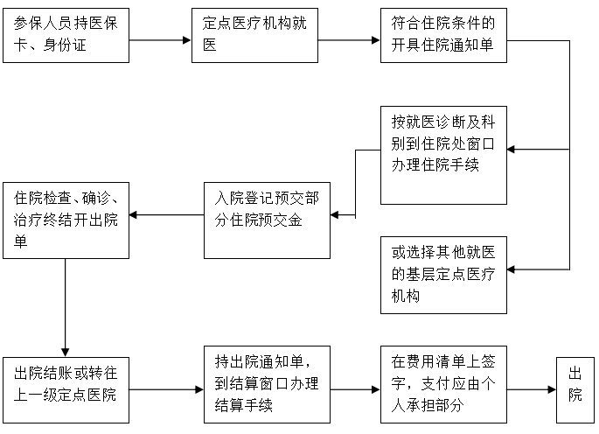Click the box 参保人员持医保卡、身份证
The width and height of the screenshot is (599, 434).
click(66, 35)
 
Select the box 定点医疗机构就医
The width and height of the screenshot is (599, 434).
click(254, 35)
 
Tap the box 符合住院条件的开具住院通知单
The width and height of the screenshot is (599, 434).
click(443, 35)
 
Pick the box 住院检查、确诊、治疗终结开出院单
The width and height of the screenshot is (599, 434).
click(66, 220)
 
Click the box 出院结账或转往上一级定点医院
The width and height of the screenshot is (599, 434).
click(66, 386)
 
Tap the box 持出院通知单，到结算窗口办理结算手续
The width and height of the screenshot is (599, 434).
click(267, 386)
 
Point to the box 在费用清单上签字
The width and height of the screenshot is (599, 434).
click(443, 386)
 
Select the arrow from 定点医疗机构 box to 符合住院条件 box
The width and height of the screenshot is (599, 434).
click(349, 40)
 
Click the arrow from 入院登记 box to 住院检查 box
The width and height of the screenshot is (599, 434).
click(166, 213)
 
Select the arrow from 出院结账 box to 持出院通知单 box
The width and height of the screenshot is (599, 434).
click(166, 388)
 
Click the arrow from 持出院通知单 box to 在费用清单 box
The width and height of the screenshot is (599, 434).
click(354, 388)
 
